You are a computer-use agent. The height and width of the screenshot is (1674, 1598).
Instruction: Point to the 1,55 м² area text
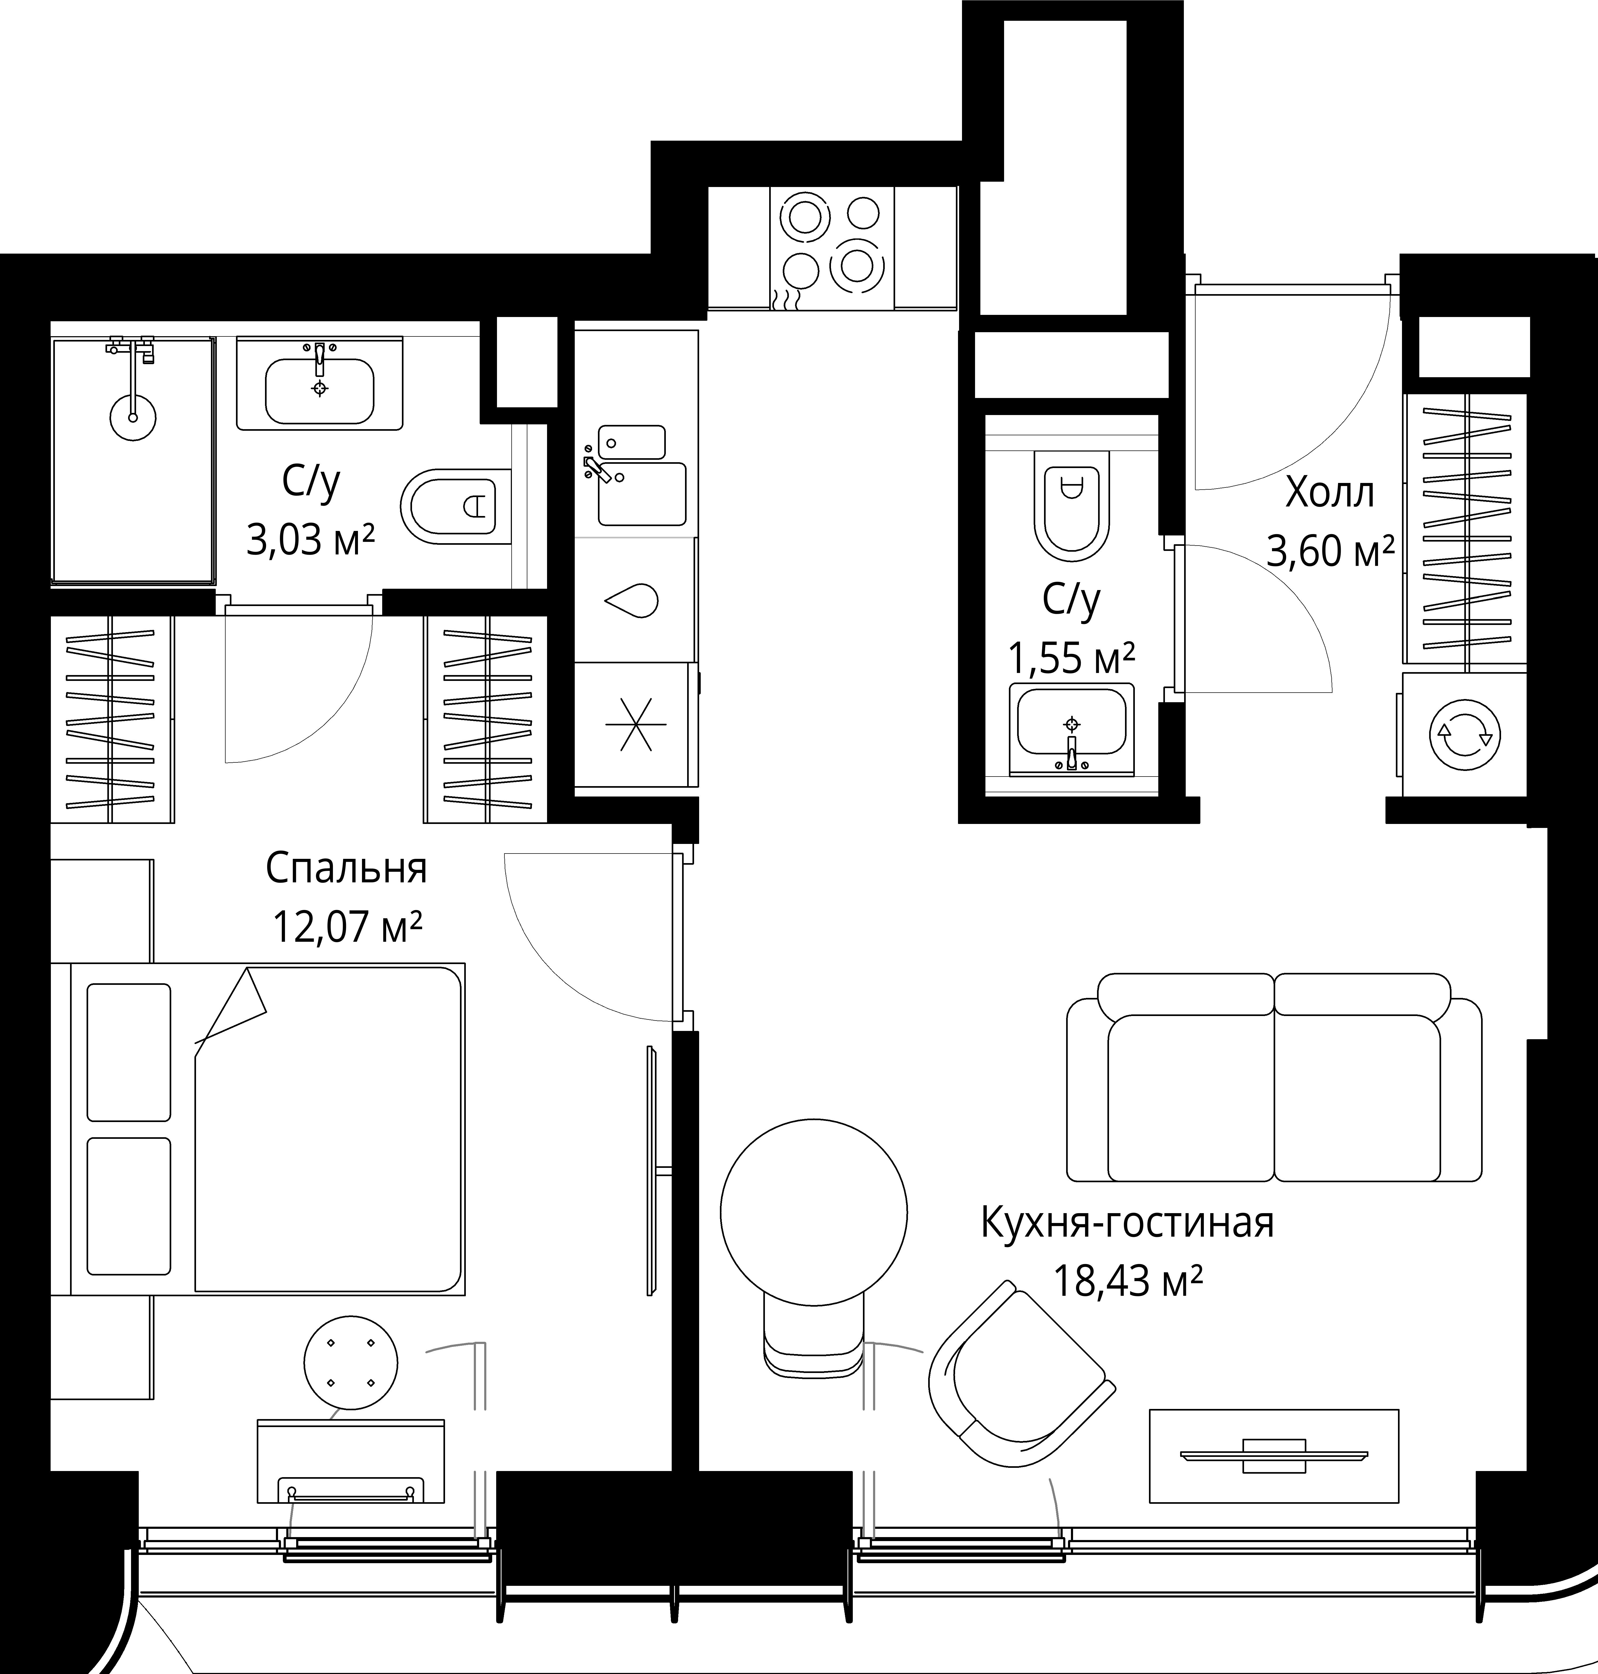pos(1071,659)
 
